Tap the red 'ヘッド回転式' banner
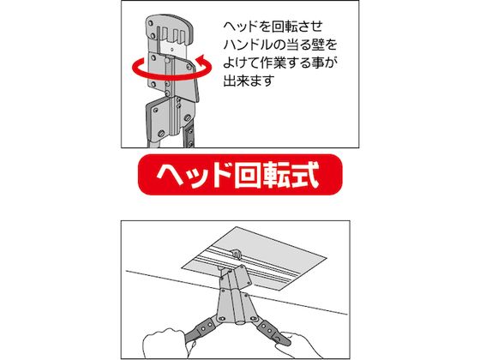tap(240, 175)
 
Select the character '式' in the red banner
tap(305, 175)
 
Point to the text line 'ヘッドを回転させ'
tap(273, 27)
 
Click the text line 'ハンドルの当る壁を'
tap(280, 45)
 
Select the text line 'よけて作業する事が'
tap(280, 63)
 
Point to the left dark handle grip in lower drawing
tap(201, 329)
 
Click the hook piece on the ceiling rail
tap(236, 254)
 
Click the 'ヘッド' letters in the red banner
tap(195, 175)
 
